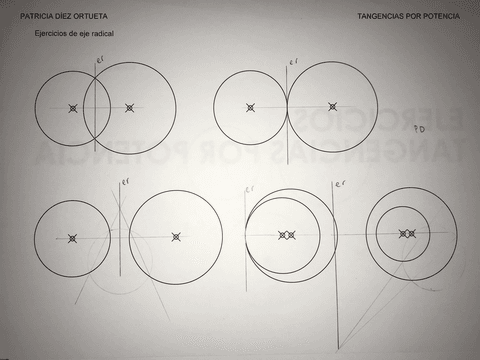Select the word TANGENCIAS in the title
pyautogui.click(x=379, y=17)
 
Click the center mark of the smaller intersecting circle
pyautogui.click(x=73, y=108)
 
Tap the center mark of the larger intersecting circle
pyautogui.click(x=129, y=107)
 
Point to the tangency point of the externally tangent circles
pyautogui.click(x=287, y=107)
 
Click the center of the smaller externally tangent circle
pyautogui.click(x=250, y=107)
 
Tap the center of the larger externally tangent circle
pyautogui.click(x=332, y=107)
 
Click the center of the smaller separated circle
pyautogui.click(x=72, y=238)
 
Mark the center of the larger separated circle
pyautogui.click(x=176, y=237)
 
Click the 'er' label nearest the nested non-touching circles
pyautogui.click(x=340, y=184)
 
